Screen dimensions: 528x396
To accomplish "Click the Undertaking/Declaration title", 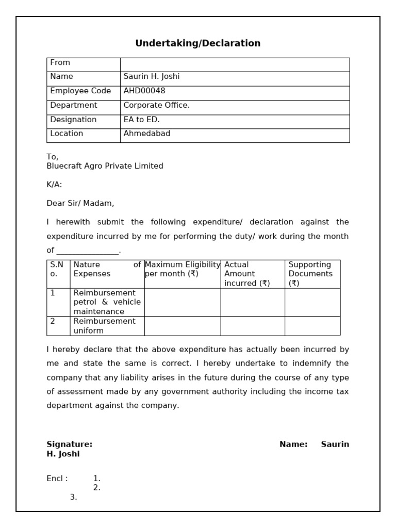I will coord(197,43).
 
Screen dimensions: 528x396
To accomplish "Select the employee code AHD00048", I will coord(144,91).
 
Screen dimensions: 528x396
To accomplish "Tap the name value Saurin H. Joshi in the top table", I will coord(152,76).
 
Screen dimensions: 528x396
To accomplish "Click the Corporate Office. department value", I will coord(156,105).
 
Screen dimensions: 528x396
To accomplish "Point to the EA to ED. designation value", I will coord(141,120).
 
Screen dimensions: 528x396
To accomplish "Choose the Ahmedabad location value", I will coord(147,134).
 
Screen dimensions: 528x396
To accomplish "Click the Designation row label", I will coord(73,120).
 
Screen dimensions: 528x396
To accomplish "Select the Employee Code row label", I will coord(80,91).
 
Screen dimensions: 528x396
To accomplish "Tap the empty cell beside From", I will coord(235,64).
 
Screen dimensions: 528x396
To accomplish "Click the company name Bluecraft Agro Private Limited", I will coord(105,166).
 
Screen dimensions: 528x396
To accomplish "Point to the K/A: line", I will coord(54,185).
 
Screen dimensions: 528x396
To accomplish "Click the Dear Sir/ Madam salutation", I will coord(80,203).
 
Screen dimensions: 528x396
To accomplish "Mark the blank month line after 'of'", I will coord(88,251).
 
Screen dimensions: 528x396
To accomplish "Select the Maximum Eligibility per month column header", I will coord(183,269).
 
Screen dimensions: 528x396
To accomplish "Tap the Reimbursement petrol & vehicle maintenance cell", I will coord(107,302).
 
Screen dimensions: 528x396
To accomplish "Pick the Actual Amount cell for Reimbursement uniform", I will coord(253,326).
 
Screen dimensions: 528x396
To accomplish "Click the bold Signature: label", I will coord(70,444).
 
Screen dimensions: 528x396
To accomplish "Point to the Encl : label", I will coord(57,478).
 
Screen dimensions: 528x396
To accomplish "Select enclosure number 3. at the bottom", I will coord(73,497).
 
